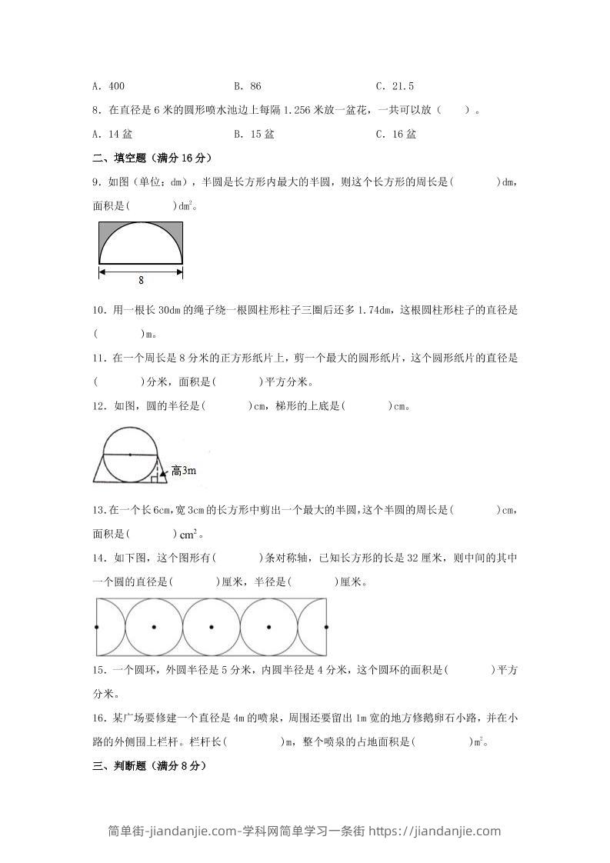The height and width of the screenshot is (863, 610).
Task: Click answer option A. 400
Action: click(108, 86)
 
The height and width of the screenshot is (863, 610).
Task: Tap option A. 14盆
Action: click(112, 133)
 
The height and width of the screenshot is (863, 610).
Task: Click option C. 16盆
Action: click(395, 133)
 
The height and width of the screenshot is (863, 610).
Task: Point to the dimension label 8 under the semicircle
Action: click(141, 280)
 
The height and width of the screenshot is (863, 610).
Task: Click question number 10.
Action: click(98, 310)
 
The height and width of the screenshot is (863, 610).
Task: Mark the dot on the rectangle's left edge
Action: click(96, 627)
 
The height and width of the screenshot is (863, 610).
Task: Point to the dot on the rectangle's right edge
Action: click(328, 627)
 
